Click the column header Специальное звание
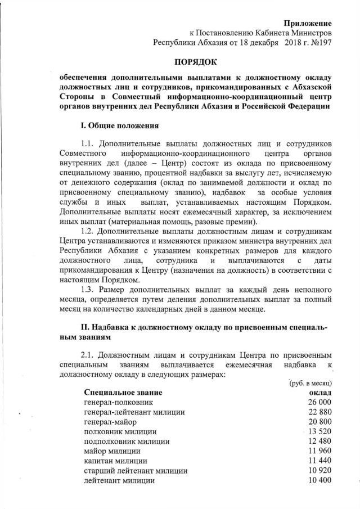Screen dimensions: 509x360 (123, 392)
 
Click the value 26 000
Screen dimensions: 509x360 (319, 403)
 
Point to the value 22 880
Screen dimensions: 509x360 (319, 413)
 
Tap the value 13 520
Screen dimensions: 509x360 (319, 433)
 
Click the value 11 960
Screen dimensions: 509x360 (319, 452)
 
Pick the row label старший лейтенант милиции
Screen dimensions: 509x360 (136, 471)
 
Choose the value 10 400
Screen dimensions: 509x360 (319, 481)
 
